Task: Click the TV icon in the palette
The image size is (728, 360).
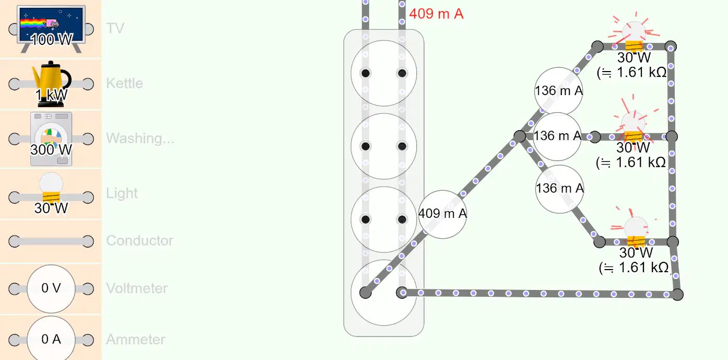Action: [x=51, y=29]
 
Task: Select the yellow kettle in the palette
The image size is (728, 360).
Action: [x=51, y=84]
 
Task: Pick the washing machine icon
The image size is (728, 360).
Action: [x=51, y=139]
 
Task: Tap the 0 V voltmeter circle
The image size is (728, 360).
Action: [x=51, y=288]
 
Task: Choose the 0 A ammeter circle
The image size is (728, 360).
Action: [x=51, y=339]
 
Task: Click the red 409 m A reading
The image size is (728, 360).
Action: [x=436, y=14]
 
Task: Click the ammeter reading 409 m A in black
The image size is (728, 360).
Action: [x=442, y=214]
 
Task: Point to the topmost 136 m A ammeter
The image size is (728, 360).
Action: [x=559, y=91]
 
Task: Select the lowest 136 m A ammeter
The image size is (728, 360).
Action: [x=560, y=189]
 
